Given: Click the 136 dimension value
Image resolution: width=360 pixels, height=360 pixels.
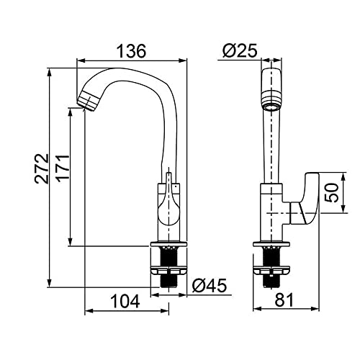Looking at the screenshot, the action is tap(131, 51).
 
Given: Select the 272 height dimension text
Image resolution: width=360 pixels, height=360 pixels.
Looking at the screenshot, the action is tap(42, 168).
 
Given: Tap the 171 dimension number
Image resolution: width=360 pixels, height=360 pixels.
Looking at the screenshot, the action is tap(62, 168).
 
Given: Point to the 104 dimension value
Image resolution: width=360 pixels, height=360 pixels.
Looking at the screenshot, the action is tap(125, 301).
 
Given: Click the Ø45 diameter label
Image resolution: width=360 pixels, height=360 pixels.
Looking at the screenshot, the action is tap(210, 286).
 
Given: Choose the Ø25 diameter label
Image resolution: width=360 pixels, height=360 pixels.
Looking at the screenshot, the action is tap(240, 50).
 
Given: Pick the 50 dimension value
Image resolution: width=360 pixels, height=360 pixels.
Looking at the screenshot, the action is tap(331, 192).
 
